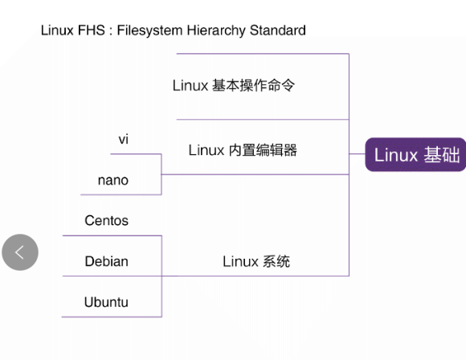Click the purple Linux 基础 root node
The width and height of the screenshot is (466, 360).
(415, 154)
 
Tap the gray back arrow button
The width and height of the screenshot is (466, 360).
(20, 252)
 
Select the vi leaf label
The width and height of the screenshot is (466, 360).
(124, 139)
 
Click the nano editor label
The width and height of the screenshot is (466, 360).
(113, 180)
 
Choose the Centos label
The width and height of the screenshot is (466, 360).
(106, 220)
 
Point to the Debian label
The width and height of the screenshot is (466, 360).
(106, 261)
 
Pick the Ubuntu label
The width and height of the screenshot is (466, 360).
(106, 302)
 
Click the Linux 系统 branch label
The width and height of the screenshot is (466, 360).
(256, 262)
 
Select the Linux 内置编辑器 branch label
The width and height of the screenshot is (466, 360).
(243, 149)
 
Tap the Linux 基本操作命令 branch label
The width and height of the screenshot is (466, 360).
(234, 85)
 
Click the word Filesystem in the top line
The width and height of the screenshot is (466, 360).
(149, 31)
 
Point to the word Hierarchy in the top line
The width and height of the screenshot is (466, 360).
(216, 31)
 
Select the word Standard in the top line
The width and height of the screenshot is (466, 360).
(277, 30)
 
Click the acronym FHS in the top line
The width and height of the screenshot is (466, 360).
(92, 30)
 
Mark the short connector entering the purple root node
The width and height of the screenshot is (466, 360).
(358, 153)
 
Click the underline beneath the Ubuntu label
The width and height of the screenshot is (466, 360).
(112, 317)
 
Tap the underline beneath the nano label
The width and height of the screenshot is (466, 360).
(121, 194)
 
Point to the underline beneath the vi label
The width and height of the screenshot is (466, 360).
(136, 154)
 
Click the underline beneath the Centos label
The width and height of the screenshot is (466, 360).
(112, 235)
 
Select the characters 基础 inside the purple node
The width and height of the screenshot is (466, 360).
(442, 155)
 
